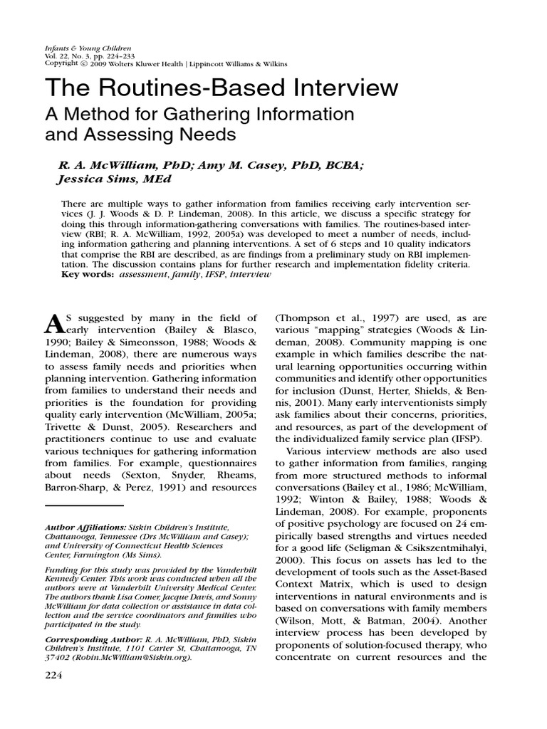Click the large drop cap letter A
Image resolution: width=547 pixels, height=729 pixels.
point(54,325)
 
